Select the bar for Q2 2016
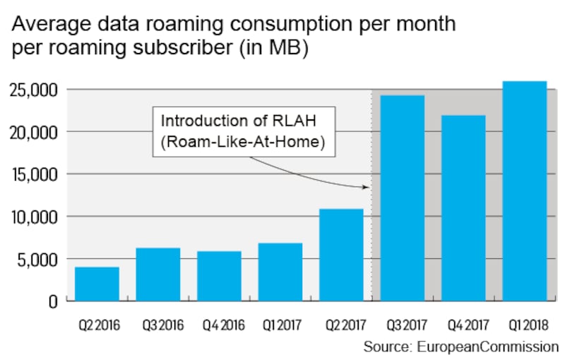tap(97, 284)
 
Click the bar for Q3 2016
tap(158, 275)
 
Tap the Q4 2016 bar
tap(219, 276)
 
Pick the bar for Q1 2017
tap(280, 272)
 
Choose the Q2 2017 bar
tap(341, 255)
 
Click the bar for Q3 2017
tap(403, 198)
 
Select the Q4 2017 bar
tap(463, 208)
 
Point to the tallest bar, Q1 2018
tap(525, 191)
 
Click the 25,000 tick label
tap(33, 90)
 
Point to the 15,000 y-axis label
tap(33, 174)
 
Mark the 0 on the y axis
tap(52, 301)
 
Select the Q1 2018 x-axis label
tap(525, 325)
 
